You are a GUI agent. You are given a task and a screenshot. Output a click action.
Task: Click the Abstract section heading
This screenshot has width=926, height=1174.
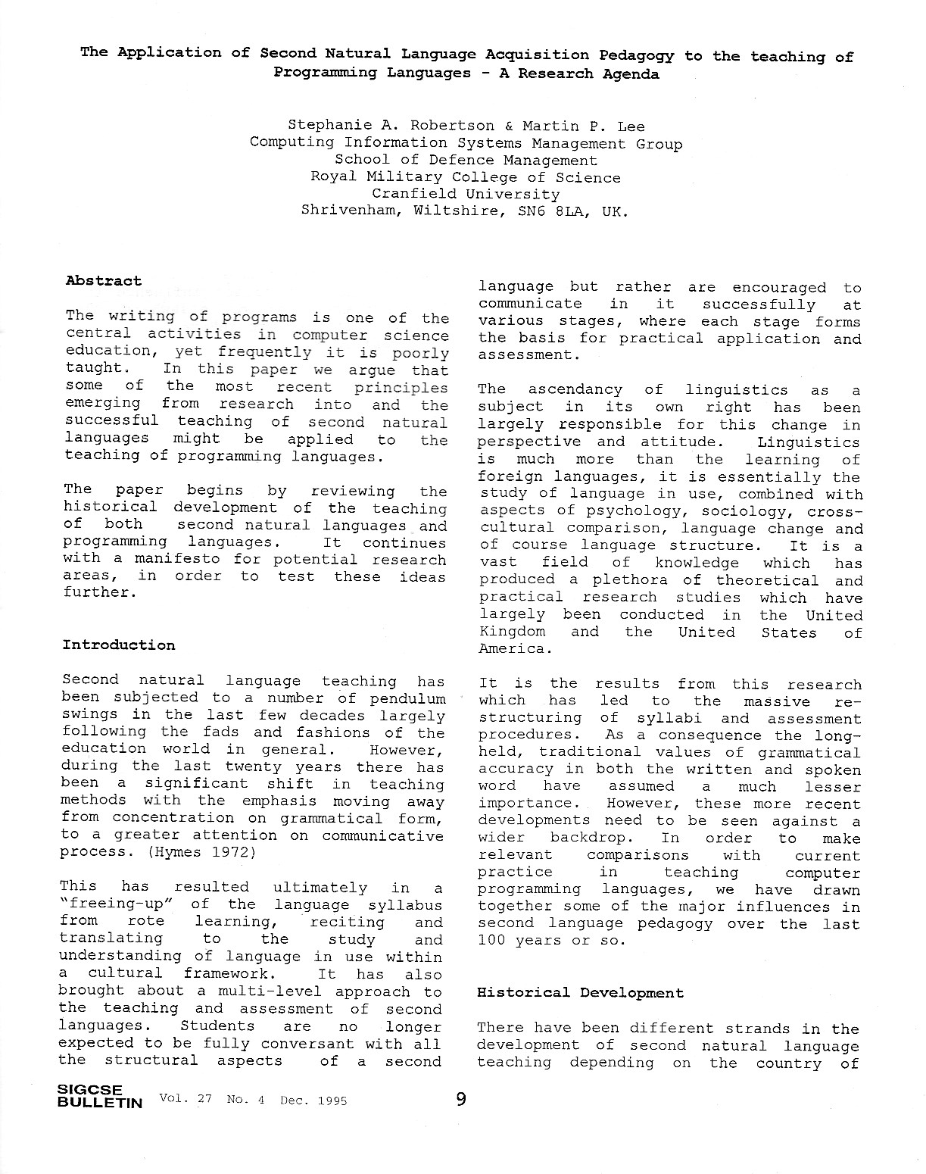point(104,281)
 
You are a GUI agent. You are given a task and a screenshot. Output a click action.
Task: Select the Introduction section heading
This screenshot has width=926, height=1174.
point(118,645)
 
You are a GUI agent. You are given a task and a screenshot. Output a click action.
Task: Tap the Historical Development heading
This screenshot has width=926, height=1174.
point(580,993)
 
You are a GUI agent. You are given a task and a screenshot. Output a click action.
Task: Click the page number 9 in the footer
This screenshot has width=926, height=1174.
point(461,1098)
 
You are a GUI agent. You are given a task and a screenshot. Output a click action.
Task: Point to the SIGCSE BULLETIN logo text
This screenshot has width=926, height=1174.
point(99,1098)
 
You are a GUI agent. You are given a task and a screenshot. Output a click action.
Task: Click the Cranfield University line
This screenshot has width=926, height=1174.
point(466,194)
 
